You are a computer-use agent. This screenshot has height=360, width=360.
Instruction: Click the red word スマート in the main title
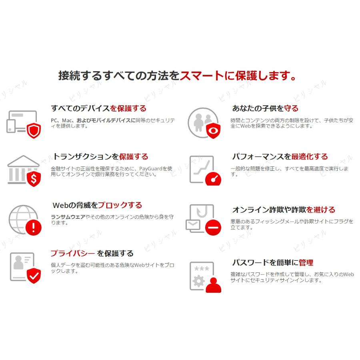[x=202, y=76]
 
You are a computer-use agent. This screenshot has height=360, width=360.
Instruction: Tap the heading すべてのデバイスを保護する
[x=98, y=108]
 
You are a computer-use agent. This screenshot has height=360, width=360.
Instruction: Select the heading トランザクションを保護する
[x=100, y=156]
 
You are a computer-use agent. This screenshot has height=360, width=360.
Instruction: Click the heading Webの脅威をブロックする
[x=97, y=205]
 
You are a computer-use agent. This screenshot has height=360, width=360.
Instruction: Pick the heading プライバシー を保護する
[x=92, y=253]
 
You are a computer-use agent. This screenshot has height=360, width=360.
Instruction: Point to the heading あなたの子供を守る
[x=265, y=108]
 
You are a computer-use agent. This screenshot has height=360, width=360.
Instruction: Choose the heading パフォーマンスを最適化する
[x=280, y=156]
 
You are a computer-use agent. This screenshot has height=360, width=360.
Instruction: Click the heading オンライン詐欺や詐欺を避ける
[x=284, y=210]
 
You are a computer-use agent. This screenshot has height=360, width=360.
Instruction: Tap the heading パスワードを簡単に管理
[x=272, y=262]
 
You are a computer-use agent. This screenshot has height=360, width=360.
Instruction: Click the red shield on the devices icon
[x=34, y=130]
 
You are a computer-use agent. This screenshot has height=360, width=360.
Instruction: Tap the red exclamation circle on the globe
[x=34, y=228]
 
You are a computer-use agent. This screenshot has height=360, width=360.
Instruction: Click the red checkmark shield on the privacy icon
[x=34, y=276]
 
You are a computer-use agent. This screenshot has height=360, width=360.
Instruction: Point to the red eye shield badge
[x=212, y=130]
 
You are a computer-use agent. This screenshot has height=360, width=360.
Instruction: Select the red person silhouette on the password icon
[x=213, y=284]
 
